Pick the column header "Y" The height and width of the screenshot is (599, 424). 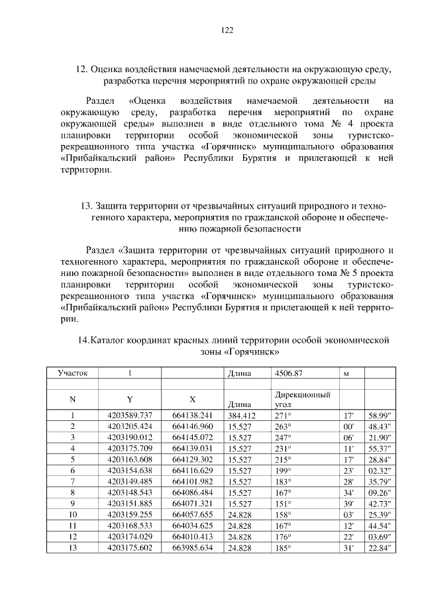click(x=130, y=399)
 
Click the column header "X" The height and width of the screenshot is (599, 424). click(x=192, y=399)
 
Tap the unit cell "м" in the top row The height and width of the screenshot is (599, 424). click(x=345, y=373)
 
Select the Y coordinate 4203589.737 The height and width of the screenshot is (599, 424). click(x=130, y=416)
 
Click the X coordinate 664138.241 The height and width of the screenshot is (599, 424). click(x=192, y=416)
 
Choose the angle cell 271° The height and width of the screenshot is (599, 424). click(x=283, y=416)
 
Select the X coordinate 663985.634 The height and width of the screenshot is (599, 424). click(x=192, y=548)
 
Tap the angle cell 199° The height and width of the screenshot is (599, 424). click(x=283, y=471)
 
